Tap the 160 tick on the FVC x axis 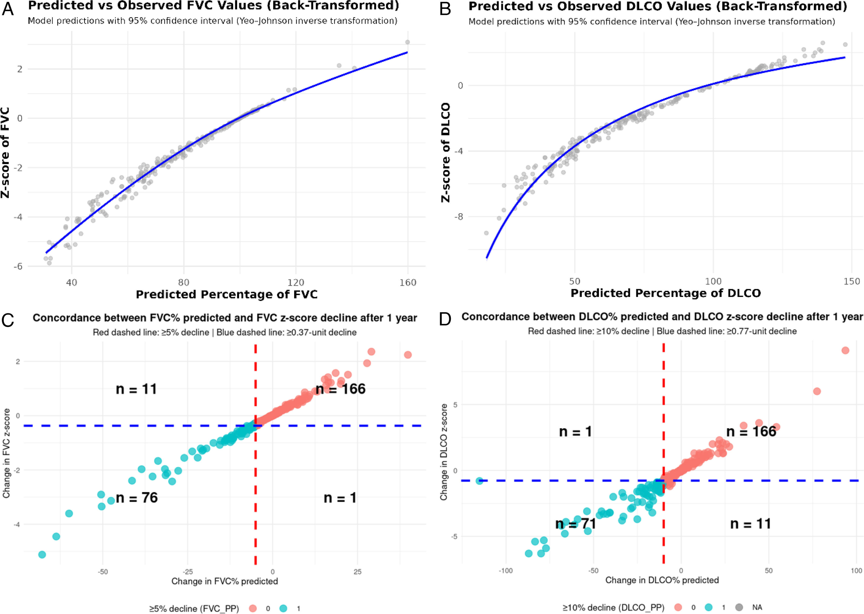coord(408,282)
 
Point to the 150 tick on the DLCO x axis coord(852,281)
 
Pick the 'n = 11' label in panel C coord(136,389)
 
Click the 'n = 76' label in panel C coord(137,498)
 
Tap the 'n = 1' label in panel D coord(575,431)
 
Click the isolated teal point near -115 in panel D coord(479,481)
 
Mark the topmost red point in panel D coord(845,351)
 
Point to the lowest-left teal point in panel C coord(42,554)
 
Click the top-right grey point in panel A coord(407,42)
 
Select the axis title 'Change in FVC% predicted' coord(225,581)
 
